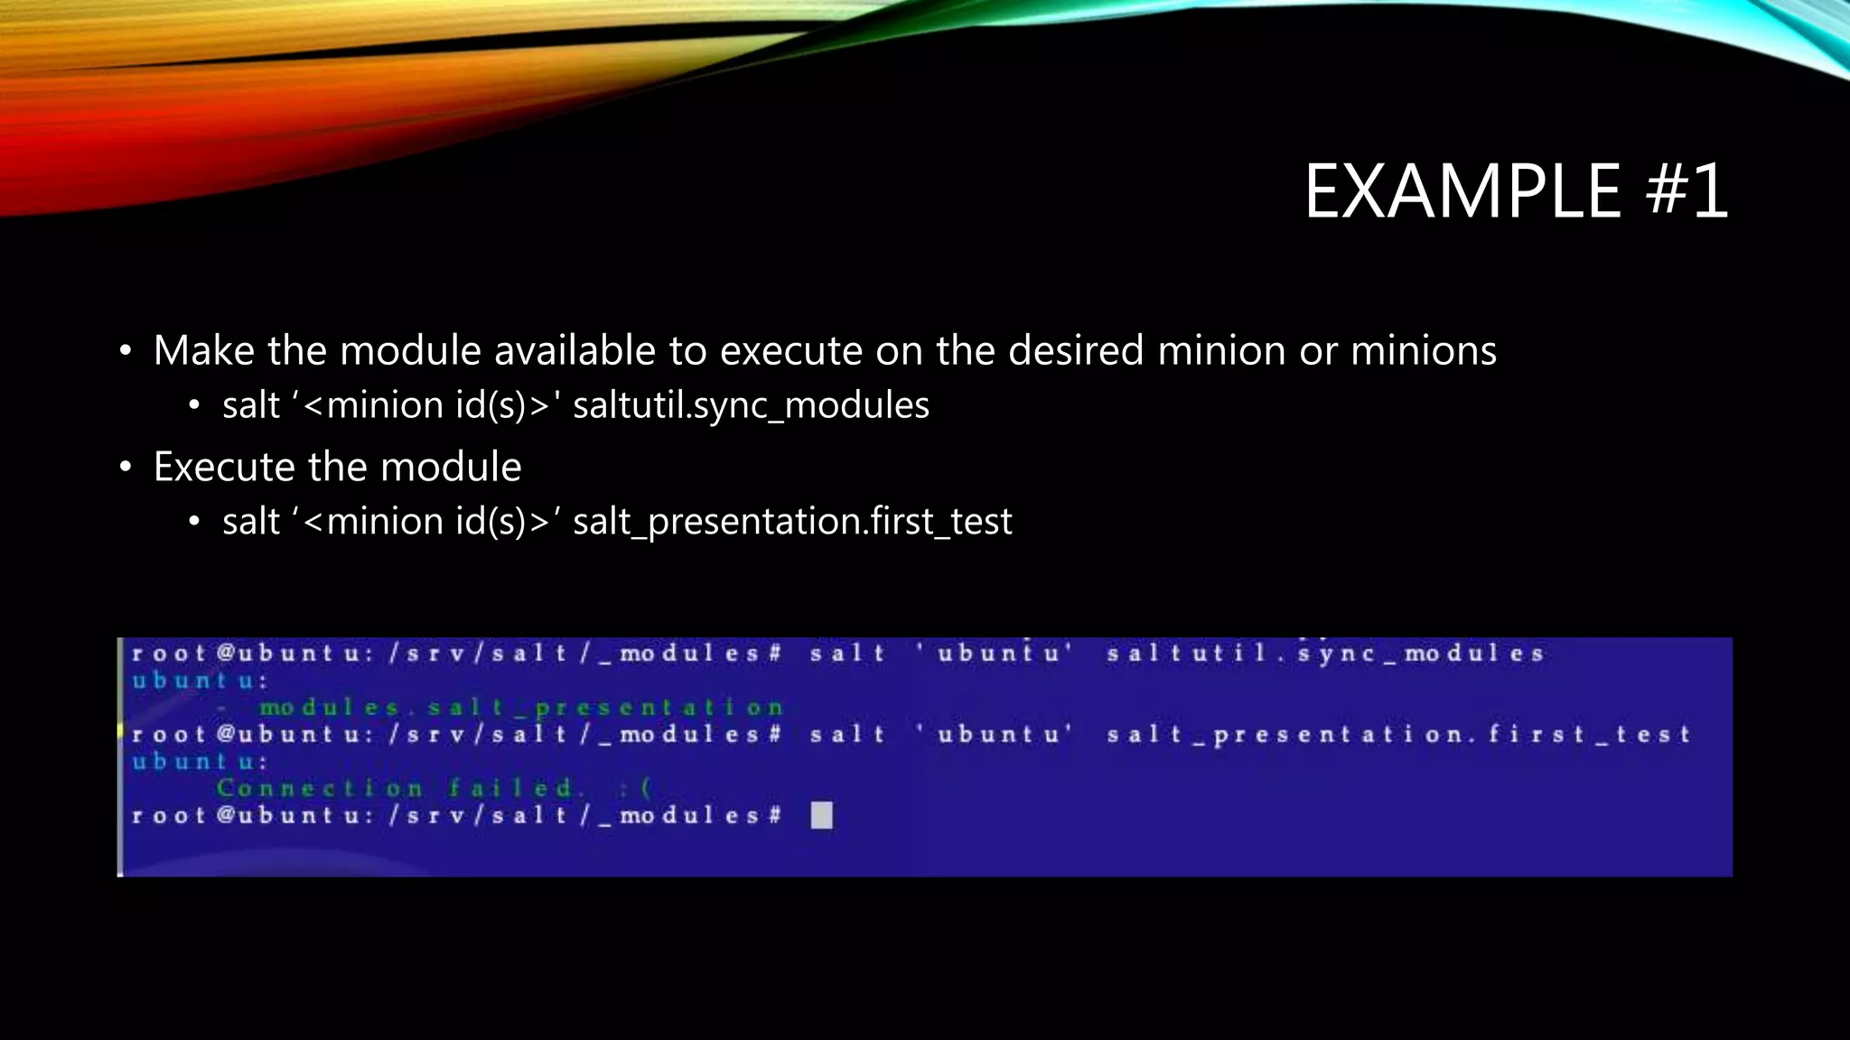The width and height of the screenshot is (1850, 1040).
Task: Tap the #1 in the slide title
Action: click(1686, 191)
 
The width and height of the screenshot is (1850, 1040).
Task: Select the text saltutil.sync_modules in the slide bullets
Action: click(751, 405)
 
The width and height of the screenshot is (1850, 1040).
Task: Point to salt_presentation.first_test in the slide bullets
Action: click(792, 522)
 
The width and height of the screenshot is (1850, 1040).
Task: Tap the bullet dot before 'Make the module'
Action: click(126, 351)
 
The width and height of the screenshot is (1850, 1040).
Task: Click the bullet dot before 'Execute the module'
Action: click(126, 468)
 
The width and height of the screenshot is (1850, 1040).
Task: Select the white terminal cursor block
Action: click(821, 816)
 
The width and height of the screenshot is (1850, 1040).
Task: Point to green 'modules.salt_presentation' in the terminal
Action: click(521, 708)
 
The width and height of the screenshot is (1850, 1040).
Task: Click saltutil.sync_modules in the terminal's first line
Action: click(1325, 653)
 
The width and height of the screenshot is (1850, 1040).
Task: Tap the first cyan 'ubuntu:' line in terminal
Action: click(200, 681)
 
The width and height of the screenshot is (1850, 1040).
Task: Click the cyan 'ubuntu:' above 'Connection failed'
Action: click(200, 762)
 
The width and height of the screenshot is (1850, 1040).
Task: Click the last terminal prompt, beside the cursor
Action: click(456, 816)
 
